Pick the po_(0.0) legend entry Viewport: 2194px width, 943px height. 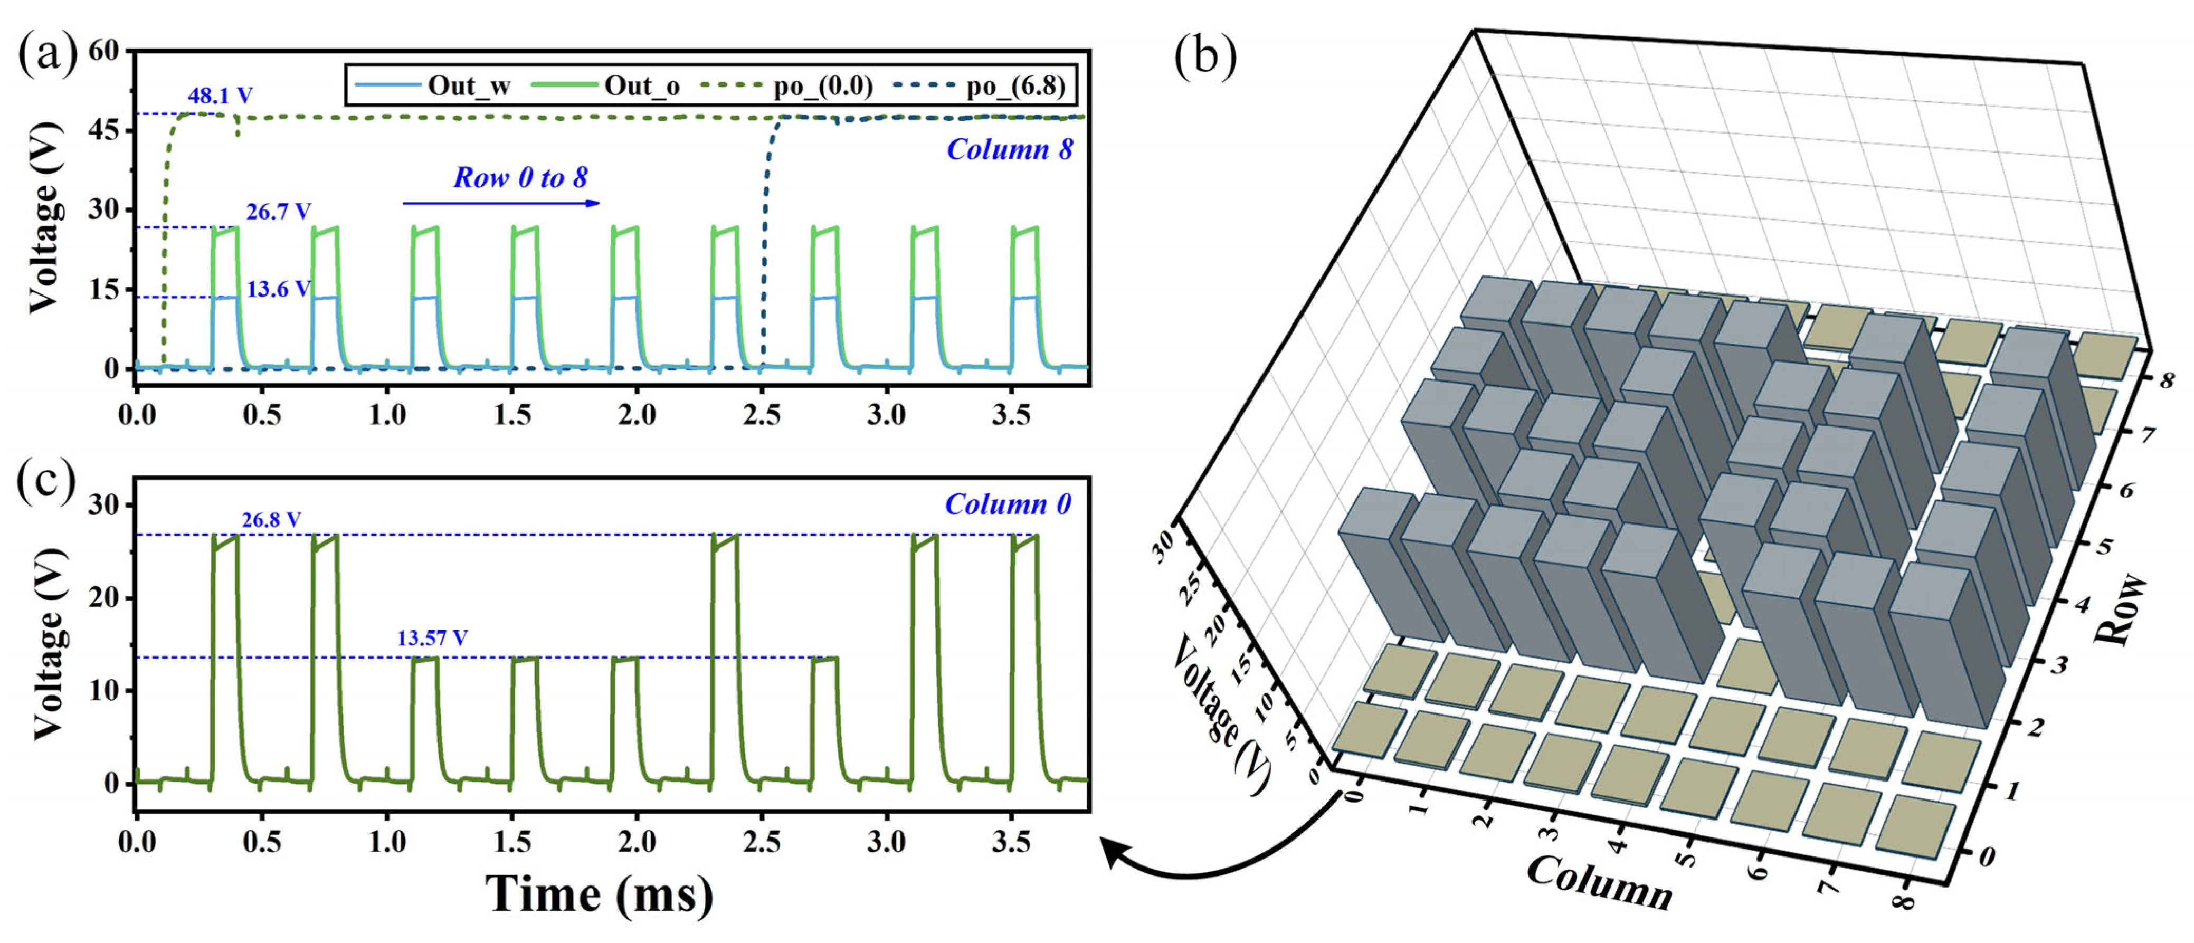click(822, 86)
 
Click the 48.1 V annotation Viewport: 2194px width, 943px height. click(220, 96)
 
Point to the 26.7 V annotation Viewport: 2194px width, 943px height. click(279, 211)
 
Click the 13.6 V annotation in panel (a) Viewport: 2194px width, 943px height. click(279, 289)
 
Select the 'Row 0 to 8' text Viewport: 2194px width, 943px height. click(519, 177)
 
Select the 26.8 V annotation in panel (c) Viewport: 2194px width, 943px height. click(271, 519)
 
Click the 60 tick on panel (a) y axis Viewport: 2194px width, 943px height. click(104, 51)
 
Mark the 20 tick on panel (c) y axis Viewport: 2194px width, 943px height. click(104, 598)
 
